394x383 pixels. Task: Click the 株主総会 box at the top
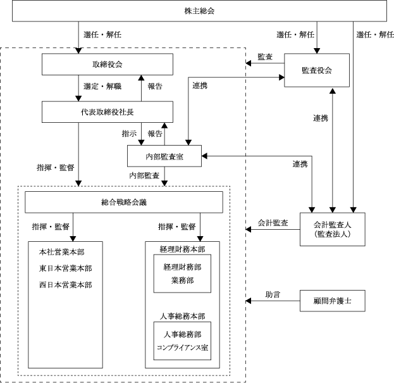point(196,11)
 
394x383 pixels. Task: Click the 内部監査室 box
point(164,154)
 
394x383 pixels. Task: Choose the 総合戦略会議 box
point(124,203)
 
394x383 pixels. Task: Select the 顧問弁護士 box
point(333,300)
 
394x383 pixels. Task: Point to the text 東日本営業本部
point(65,268)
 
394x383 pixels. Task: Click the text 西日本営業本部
point(65,284)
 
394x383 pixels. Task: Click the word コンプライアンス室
point(182,348)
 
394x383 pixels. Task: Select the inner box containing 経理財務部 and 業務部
point(182,273)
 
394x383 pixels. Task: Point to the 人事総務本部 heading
point(182,315)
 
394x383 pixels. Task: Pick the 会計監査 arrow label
point(273,223)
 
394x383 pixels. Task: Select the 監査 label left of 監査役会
point(266,58)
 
